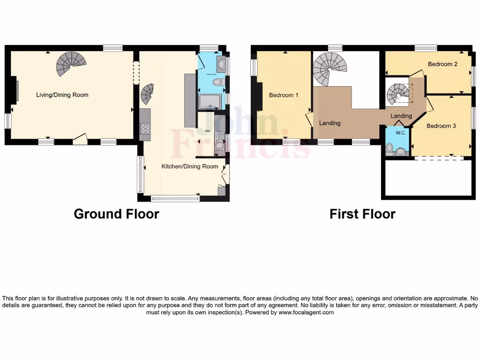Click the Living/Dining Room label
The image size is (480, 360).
[62, 95]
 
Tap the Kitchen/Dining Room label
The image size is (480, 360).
[190, 166]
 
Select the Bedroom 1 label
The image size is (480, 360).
[284, 95]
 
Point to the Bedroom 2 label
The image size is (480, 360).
[442, 64]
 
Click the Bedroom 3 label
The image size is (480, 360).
[441, 126]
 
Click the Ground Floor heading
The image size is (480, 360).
[116, 214]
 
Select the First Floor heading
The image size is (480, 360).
[362, 214]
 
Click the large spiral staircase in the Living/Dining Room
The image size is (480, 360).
[72, 63]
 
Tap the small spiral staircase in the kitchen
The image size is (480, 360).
[147, 94]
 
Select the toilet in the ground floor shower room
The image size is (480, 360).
[217, 83]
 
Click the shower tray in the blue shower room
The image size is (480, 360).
[211, 101]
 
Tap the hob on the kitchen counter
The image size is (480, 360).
[145, 128]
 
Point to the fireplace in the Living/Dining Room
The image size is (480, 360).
[16, 91]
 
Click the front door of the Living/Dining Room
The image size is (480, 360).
[80, 138]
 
